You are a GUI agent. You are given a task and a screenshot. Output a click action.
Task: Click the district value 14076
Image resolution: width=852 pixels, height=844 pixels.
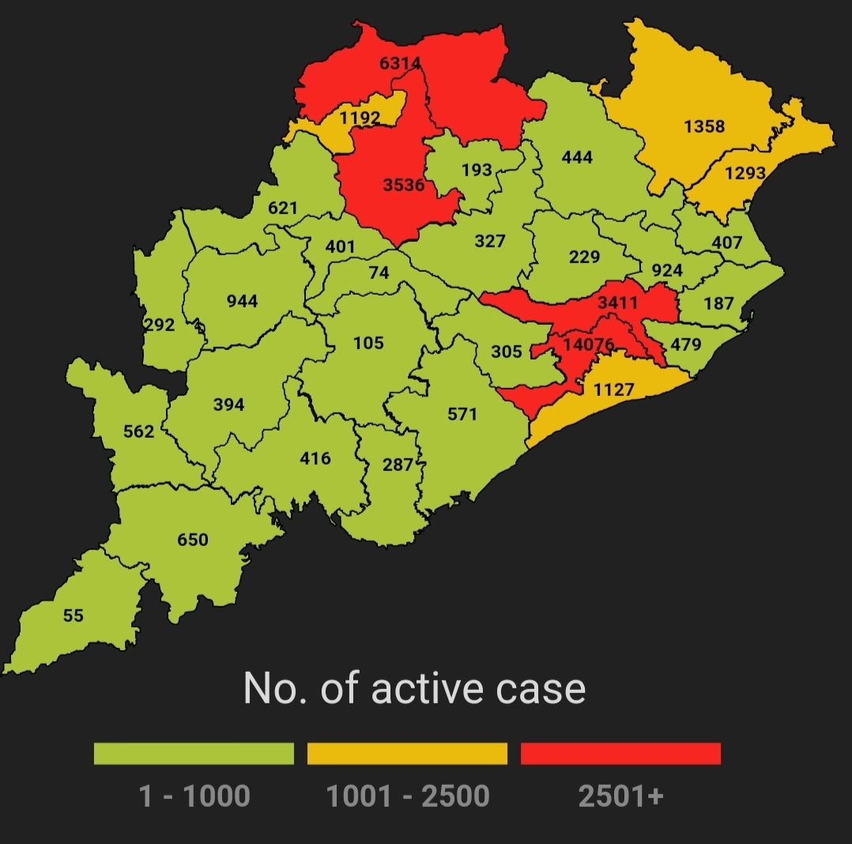click(588, 345)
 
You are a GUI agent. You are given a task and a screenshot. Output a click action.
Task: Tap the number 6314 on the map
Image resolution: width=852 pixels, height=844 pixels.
click(400, 64)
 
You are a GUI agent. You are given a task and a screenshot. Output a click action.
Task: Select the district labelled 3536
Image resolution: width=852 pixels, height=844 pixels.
click(403, 186)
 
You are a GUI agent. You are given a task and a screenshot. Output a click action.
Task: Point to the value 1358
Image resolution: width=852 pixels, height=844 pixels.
click(704, 126)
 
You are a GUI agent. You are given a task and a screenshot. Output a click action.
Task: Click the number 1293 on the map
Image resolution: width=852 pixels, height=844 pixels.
click(745, 173)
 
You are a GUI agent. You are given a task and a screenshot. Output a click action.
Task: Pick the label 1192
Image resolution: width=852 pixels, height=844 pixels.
click(360, 119)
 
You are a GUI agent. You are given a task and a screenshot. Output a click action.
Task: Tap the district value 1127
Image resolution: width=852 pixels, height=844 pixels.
click(614, 389)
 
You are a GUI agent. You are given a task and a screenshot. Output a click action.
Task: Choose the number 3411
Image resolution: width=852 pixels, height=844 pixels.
click(617, 303)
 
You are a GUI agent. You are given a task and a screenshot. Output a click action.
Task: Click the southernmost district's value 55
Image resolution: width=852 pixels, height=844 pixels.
click(73, 616)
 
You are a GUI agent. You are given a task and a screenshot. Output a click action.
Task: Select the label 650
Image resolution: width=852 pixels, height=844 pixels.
click(193, 540)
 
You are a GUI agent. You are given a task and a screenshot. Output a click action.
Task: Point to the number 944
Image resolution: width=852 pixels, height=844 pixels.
click(242, 301)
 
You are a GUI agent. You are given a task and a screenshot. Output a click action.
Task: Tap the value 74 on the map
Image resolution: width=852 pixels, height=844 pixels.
click(379, 273)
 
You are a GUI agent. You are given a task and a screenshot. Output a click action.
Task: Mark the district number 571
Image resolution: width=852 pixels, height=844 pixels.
click(462, 413)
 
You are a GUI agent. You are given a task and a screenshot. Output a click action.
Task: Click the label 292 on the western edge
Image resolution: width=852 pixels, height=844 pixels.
click(160, 325)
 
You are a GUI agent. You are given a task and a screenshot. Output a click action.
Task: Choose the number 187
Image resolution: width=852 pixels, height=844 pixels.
click(718, 303)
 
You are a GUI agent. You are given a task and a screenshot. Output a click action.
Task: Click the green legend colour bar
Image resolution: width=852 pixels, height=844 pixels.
click(194, 753)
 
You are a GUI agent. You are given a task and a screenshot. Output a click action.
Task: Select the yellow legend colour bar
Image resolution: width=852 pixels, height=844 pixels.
click(407, 753)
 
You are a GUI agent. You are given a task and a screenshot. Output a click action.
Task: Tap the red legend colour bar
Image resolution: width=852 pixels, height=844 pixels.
click(620, 753)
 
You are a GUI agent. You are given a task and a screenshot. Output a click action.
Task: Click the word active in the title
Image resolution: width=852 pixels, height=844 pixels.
click(428, 688)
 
